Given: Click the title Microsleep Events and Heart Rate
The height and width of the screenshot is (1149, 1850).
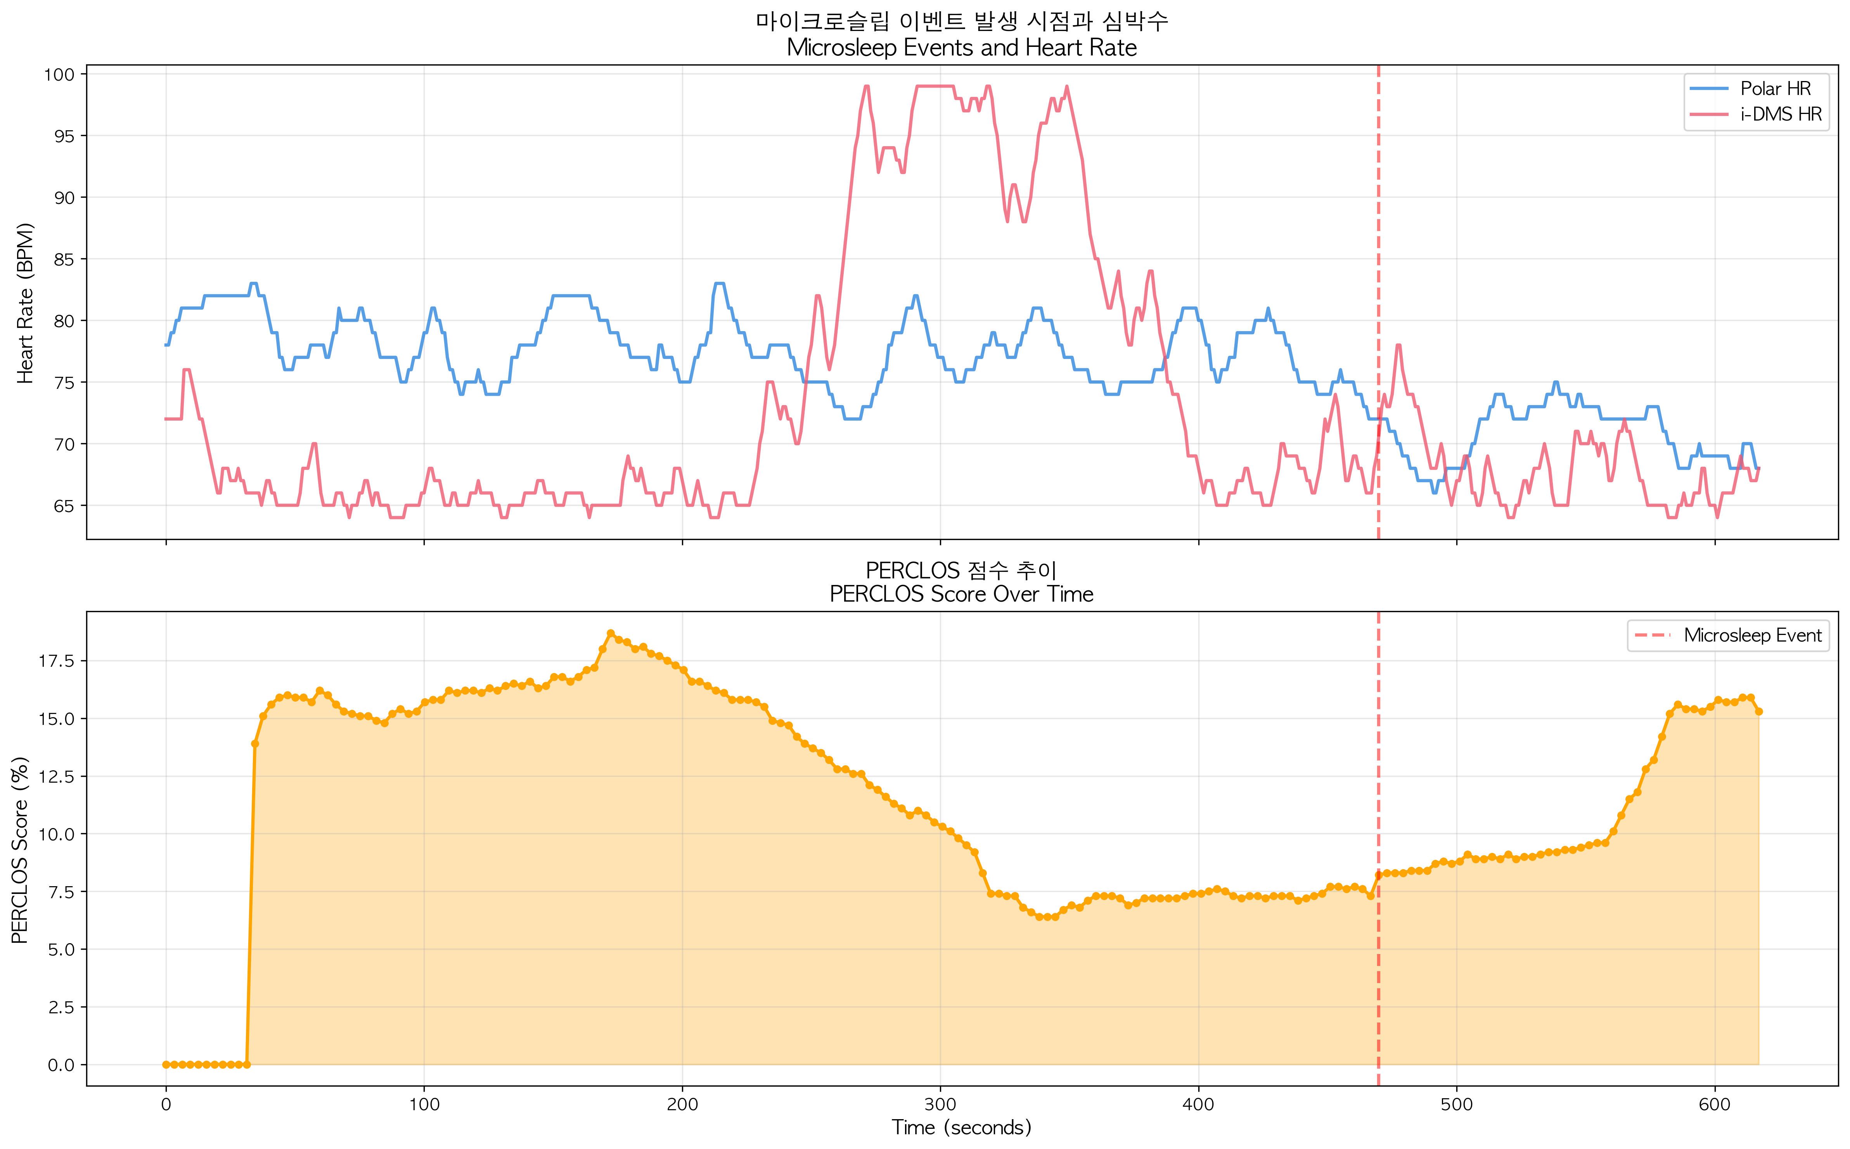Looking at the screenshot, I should point(961,48).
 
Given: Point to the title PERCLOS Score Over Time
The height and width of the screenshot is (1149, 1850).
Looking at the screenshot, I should point(961,594).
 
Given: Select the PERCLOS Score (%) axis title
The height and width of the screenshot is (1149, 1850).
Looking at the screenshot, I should point(20,850).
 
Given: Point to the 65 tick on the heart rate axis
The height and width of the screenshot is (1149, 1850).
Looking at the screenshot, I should point(64,506).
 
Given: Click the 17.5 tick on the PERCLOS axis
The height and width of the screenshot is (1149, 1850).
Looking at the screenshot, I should point(56,661).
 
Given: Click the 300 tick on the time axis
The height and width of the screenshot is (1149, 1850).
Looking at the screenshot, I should point(941,1104).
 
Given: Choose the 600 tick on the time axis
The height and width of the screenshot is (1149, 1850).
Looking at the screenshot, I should point(1715,1104).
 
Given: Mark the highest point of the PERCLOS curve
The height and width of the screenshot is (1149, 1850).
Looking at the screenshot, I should point(611,633).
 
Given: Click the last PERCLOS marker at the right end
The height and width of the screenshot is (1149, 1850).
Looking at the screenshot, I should point(1759,711).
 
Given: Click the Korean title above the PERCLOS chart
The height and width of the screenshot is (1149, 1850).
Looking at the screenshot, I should point(961,570).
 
